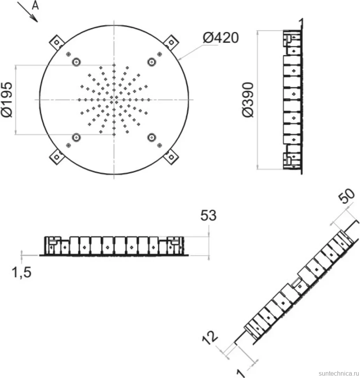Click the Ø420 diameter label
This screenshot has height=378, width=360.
[221, 38]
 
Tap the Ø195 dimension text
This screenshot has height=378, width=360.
[7, 99]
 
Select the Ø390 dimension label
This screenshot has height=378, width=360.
[248, 99]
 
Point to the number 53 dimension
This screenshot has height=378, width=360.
[208, 215]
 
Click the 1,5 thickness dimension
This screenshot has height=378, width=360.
[22, 273]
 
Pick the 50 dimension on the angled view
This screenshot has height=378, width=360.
[346, 196]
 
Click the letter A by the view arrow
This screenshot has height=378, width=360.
[35, 5]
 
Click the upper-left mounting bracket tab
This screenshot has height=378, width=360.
[56, 42]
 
